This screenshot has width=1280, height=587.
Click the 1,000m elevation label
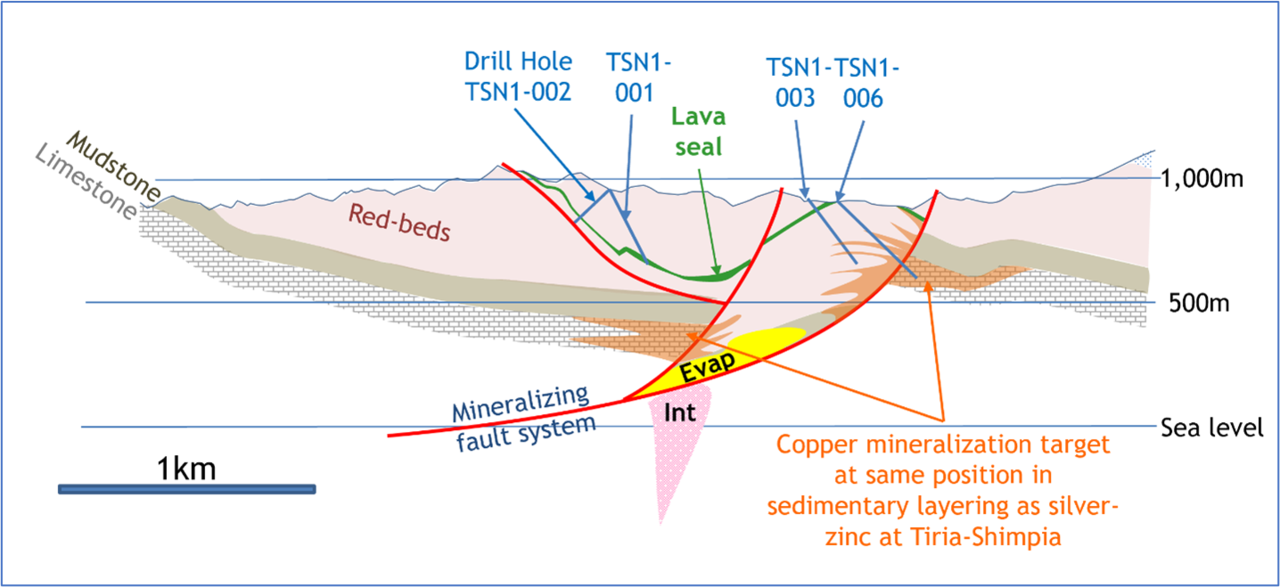[1202, 179]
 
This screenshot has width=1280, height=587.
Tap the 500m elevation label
[1199, 303]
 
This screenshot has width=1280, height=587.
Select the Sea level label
[1212, 428]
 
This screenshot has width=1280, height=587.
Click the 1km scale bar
[187, 489]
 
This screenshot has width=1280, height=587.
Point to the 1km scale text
[186, 469]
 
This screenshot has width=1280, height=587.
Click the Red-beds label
[399, 223]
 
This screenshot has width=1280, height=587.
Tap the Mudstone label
[114, 166]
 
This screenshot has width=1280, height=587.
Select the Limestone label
[86, 181]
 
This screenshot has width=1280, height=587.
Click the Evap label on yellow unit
[707, 366]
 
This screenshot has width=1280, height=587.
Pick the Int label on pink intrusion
[679, 412]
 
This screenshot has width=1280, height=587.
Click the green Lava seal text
[698, 131]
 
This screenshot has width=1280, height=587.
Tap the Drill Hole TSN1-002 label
[518, 77]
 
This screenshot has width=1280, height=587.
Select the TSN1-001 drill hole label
[638, 78]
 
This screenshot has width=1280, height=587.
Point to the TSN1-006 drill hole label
[866, 83]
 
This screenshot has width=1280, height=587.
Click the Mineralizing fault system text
[523, 418]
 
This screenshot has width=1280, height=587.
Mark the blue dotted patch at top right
[1143, 159]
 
